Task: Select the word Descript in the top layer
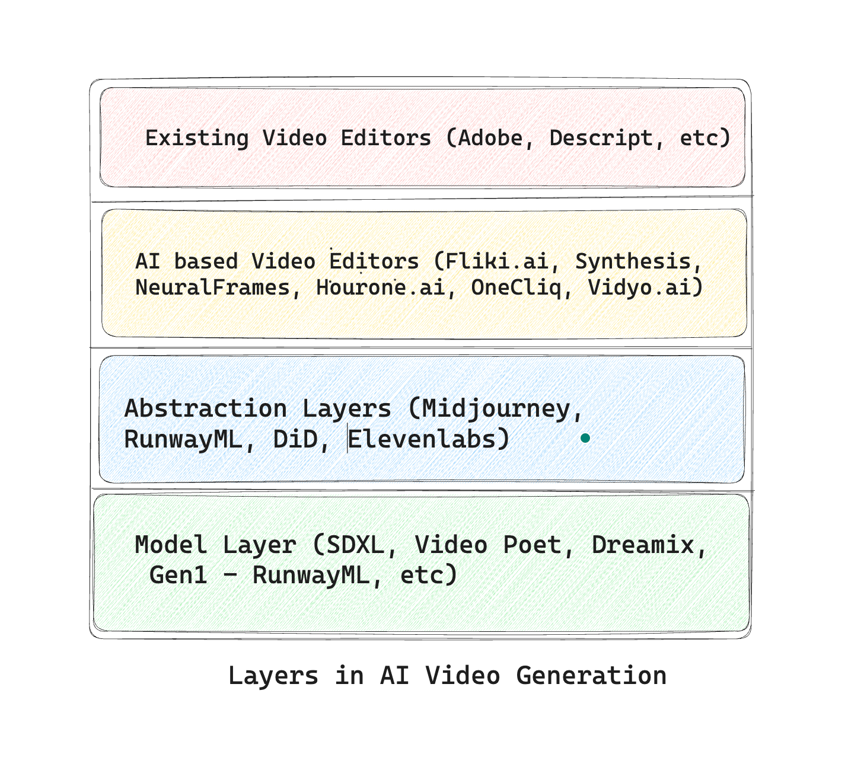pyautogui.click(x=600, y=138)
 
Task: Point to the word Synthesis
pyautogui.click(x=633, y=261)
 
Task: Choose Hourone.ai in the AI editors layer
pyautogui.click(x=380, y=287)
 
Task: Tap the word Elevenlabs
pyautogui.click(x=422, y=439)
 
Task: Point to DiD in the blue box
pyautogui.click(x=295, y=439)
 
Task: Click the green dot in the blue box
pyautogui.click(x=585, y=438)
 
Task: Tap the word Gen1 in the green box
pyautogui.click(x=178, y=575)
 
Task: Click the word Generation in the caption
pyautogui.click(x=591, y=676)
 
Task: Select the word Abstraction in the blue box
pyautogui.click(x=205, y=409)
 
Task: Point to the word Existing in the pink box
pyautogui.click(x=197, y=138)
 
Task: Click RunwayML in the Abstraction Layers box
pyautogui.click(x=183, y=439)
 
